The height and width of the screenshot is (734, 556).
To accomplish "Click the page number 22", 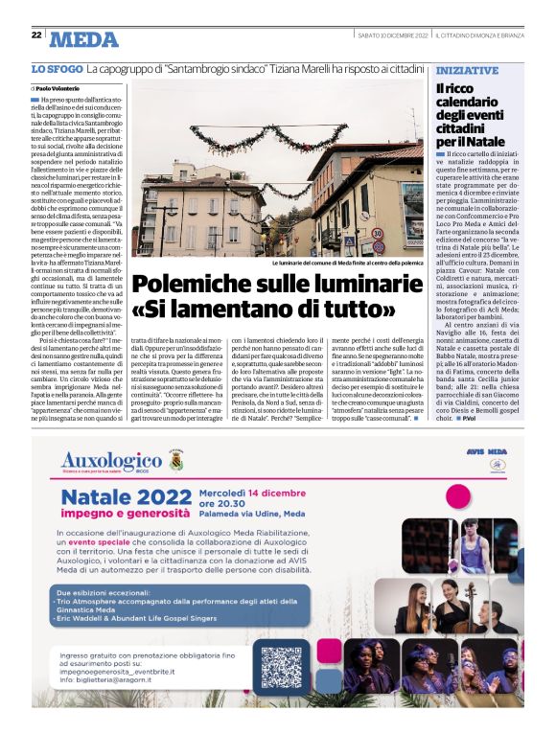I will (35, 34).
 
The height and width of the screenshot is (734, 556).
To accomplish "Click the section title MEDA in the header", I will (83, 38).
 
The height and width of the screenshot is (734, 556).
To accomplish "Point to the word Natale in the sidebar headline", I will (480, 140).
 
